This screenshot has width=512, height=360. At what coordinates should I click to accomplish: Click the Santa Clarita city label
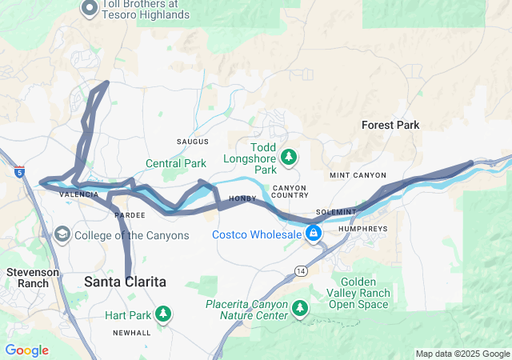(126, 282)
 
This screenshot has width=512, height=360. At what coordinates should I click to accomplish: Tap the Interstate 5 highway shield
(18, 171)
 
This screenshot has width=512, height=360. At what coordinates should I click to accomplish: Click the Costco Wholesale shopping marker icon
(314, 234)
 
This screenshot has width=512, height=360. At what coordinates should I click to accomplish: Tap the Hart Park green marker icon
(163, 314)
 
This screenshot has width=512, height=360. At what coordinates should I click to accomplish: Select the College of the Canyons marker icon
(62, 235)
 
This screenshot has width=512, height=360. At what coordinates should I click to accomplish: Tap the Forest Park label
(390, 125)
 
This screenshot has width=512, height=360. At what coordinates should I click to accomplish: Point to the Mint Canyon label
(358, 175)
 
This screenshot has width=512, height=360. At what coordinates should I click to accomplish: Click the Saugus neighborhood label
(193, 142)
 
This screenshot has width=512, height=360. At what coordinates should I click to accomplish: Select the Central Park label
(175, 163)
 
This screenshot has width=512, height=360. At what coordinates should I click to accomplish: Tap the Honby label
(242, 198)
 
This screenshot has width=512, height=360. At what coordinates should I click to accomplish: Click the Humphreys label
(363, 228)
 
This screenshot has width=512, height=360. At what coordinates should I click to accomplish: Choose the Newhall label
(131, 332)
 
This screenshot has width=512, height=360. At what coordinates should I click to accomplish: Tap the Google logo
(26, 350)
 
